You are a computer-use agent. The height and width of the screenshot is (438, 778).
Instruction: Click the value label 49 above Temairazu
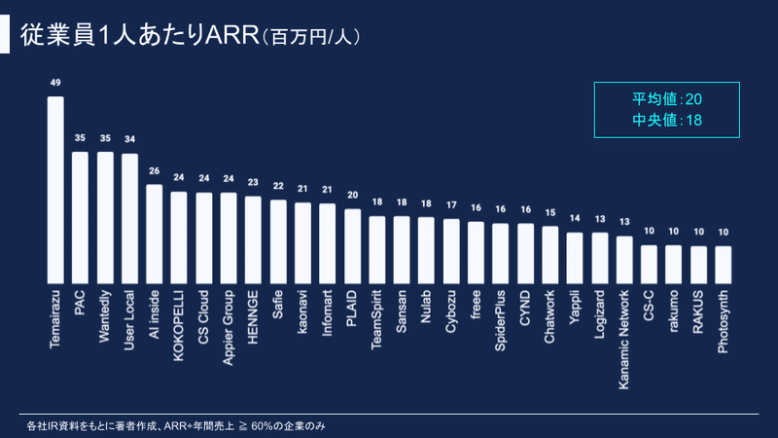click(55, 84)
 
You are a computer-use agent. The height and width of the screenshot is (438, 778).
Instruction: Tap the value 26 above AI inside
click(154, 171)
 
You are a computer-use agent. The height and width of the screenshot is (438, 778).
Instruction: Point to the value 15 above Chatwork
click(549, 213)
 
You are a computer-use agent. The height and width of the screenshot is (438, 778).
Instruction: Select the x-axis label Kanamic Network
click(623, 336)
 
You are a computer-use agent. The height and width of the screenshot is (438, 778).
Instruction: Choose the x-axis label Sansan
click(402, 310)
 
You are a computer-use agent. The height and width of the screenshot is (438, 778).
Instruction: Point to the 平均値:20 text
click(667, 100)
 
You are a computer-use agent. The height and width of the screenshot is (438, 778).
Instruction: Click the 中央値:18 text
click(667, 120)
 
